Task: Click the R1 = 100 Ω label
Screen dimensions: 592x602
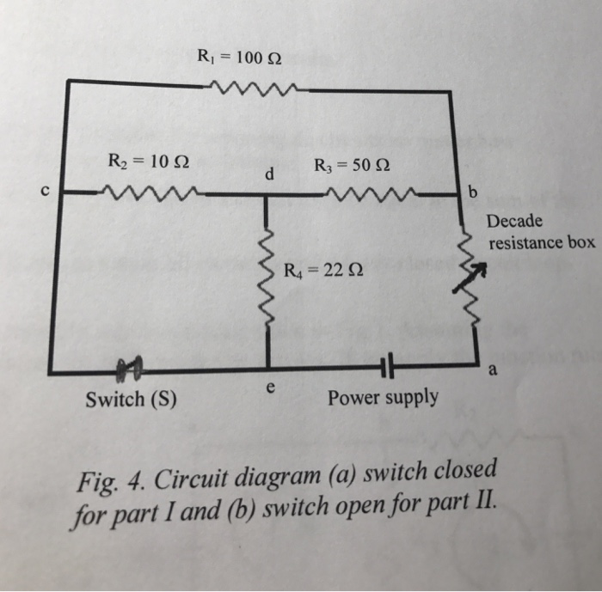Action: coord(238,59)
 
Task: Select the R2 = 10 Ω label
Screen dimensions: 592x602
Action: coord(143,161)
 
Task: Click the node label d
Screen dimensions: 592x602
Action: coord(269,175)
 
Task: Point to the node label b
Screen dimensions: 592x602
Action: coord(470,190)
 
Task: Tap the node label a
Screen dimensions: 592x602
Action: coord(492,371)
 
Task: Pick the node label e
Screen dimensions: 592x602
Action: coord(270,388)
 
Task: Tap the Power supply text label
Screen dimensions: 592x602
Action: coord(382,398)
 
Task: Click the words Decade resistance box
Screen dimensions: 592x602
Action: coord(540,232)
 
